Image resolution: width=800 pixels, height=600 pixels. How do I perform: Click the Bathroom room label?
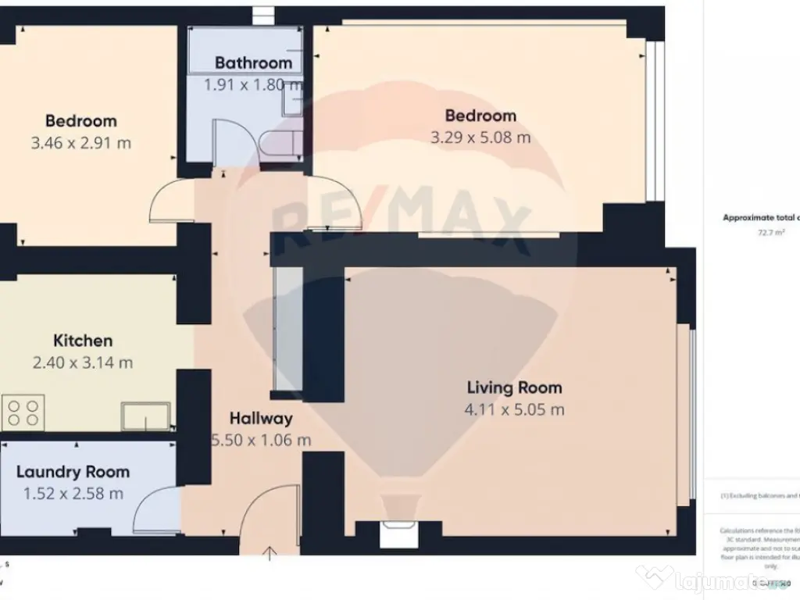click(x=253, y=62)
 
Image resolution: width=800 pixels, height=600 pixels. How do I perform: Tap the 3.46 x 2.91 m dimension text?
click(x=80, y=143)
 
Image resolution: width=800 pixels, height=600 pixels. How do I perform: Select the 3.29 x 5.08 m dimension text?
click(x=480, y=137)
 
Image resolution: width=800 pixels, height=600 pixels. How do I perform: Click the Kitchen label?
click(x=83, y=341)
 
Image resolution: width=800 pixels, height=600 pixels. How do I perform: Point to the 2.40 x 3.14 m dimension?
click(x=82, y=362)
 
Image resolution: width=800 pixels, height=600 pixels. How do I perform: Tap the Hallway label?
click(x=261, y=419)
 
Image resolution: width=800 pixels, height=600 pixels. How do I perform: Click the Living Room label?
click(x=514, y=387)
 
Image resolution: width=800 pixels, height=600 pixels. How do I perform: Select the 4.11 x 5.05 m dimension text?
click(x=514, y=409)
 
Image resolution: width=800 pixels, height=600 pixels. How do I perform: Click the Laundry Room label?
click(x=73, y=472)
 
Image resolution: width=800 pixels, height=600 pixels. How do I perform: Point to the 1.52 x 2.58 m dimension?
click(x=73, y=493)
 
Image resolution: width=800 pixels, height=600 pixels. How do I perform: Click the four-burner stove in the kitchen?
click(x=23, y=412)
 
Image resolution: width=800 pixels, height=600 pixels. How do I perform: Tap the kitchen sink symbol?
click(x=145, y=415)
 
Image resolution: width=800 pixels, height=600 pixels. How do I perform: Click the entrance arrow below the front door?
click(x=270, y=554)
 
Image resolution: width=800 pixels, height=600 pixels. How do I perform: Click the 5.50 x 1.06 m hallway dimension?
click(x=261, y=440)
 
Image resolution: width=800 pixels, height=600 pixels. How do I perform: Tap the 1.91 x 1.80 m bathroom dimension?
click(x=252, y=84)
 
